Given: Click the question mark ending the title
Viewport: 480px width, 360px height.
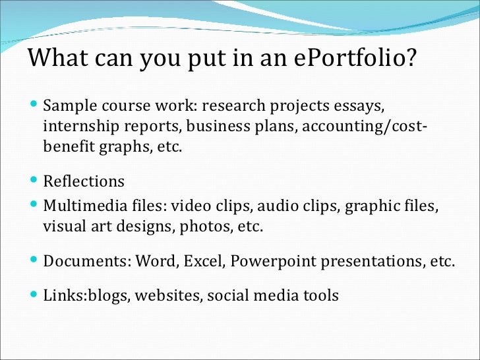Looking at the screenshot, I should [x=411, y=59].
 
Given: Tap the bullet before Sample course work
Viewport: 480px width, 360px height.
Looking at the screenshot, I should [x=34, y=105].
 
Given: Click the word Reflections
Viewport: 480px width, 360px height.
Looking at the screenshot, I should [x=84, y=181].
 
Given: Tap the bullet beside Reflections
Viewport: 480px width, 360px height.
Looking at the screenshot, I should [x=34, y=179].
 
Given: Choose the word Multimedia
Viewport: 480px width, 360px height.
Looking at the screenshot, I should [x=85, y=206].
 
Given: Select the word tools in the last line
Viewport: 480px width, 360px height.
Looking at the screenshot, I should [x=320, y=295].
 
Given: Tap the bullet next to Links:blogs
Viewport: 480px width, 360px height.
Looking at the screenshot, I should [x=34, y=294].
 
